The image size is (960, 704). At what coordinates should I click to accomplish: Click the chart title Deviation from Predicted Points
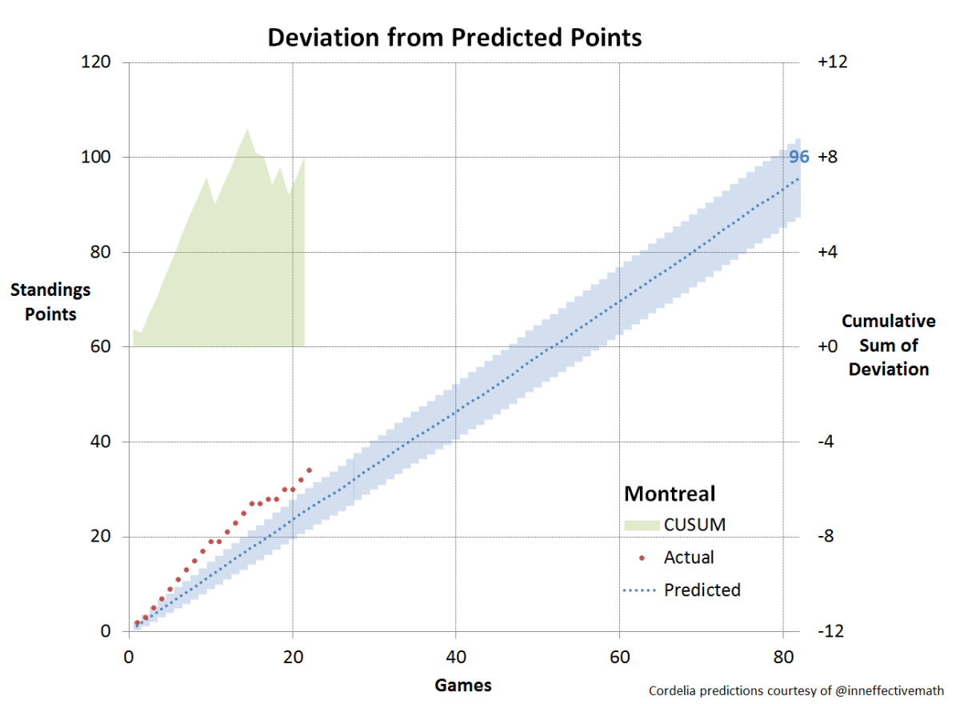click(454, 38)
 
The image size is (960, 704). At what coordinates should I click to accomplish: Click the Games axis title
click(462, 685)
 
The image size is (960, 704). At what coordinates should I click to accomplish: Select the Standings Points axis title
click(50, 302)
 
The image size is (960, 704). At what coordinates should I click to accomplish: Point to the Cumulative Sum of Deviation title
click(888, 345)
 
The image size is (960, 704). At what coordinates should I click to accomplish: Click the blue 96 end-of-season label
click(798, 157)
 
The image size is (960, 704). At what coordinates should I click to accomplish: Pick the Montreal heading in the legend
click(670, 493)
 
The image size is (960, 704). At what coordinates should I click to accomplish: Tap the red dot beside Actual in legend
click(642, 558)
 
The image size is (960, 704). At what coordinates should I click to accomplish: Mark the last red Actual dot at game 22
click(309, 470)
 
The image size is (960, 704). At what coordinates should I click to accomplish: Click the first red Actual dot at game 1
click(138, 622)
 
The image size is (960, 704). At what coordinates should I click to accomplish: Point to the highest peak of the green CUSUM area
click(247, 129)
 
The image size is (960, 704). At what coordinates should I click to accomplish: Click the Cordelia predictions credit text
click(795, 690)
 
